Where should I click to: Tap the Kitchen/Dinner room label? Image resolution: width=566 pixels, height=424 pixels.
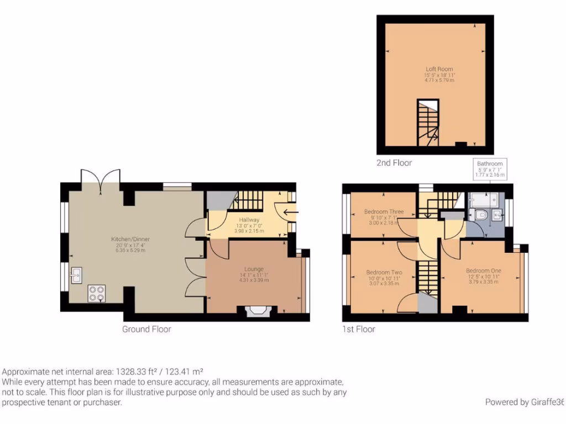click(130, 239)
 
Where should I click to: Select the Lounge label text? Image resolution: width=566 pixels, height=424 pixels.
click(254, 269)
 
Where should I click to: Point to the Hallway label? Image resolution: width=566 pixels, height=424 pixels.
click(246, 220)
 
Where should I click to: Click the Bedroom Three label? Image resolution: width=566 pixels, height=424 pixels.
click(384, 211)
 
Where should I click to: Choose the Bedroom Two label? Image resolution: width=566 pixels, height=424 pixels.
click(384, 272)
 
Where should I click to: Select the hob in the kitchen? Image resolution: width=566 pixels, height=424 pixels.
click(96, 293)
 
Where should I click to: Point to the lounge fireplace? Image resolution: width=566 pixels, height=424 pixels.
click(256, 312)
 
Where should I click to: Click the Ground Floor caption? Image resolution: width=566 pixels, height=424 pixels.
click(146, 329)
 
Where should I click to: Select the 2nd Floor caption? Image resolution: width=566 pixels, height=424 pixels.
click(395, 163)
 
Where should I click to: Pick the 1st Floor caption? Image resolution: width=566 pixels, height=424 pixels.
click(358, 329)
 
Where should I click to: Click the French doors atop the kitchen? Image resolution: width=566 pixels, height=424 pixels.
click(100, 178)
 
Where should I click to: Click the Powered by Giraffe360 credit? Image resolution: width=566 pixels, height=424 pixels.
click(525, 402)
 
